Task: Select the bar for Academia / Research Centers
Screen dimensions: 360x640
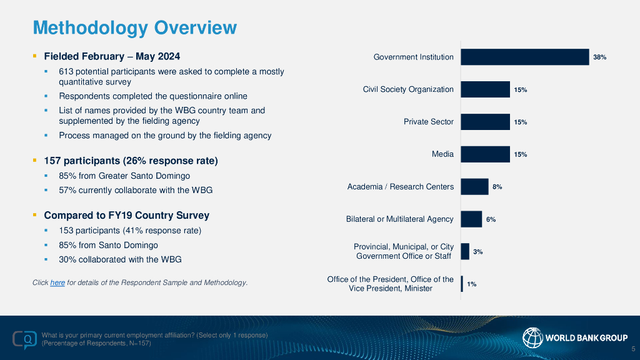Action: point(474,186)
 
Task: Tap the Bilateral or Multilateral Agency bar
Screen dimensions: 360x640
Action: point(471,219)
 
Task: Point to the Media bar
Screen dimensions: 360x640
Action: point(485,154)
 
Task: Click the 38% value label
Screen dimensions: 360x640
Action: point(600,57)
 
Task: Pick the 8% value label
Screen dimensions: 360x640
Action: point(497,186)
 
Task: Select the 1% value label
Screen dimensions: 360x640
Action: point(472,284)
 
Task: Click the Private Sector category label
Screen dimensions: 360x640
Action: point(429,121)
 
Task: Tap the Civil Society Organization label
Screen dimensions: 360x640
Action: point(408,89)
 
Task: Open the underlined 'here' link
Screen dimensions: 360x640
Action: point(57,283)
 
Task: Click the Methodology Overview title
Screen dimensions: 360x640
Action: point(134,27)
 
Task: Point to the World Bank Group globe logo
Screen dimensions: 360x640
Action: point(532,337)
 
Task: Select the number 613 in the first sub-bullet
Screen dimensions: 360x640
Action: point(66,72)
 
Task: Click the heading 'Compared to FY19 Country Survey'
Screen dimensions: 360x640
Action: point(126,216)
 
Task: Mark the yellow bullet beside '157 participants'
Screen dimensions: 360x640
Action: point(35,161)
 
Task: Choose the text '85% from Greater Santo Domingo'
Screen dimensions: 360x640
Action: point(124,176)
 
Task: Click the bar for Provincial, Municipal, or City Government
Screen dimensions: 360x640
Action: point(465,251)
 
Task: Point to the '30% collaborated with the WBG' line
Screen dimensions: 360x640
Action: point(120,259)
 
